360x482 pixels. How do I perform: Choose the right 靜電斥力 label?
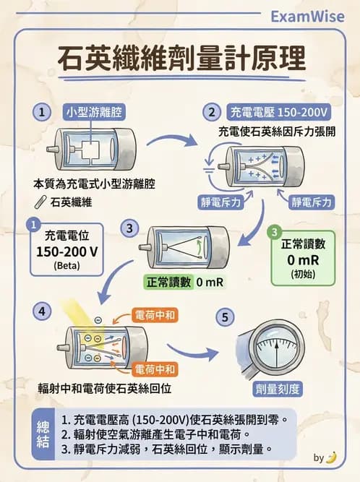312,202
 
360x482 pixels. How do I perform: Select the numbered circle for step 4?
43,311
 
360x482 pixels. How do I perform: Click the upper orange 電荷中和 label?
156,315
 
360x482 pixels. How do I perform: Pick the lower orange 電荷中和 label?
156,368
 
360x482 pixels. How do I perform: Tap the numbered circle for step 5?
226,317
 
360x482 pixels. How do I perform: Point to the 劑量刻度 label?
278,389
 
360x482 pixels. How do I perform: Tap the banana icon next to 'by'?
331,457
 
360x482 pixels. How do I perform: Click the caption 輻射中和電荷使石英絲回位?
105,388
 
